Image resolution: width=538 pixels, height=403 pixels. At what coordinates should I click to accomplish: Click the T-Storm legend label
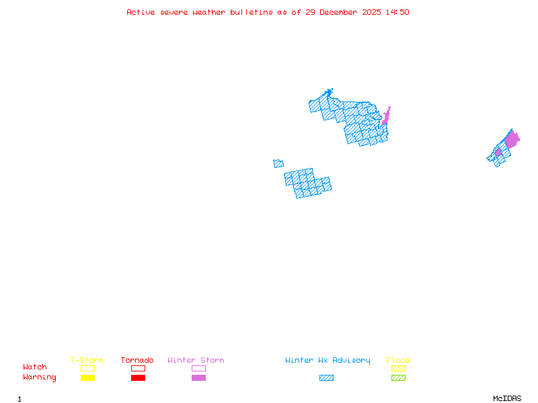[87, 361]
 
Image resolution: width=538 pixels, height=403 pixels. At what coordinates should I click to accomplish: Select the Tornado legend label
[137, 361]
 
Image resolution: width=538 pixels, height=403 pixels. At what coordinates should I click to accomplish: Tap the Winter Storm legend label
[196, 361]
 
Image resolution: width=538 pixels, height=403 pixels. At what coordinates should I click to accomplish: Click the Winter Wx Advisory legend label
[328, 361]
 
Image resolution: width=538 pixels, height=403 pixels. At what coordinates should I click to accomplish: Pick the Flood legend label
[398, 361]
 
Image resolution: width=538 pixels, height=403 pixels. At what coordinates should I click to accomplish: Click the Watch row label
[35, 367]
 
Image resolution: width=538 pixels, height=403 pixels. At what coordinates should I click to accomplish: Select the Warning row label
[40, 377]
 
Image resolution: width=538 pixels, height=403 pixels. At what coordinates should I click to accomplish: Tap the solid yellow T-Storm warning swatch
[87, 378]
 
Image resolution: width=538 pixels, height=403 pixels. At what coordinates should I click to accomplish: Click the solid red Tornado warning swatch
[138, 378]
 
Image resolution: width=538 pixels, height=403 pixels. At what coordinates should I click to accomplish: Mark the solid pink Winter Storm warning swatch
[198, 378]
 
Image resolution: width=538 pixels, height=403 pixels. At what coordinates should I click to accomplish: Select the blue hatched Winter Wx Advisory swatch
[326, 378]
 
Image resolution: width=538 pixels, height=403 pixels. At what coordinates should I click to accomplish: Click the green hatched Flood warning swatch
[398, 378]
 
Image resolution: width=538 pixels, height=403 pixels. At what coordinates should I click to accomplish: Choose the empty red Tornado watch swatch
[138, 368]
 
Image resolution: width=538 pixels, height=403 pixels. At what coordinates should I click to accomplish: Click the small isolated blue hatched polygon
[278, 163]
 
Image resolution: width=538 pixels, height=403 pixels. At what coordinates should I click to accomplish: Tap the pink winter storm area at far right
[512, 140]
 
